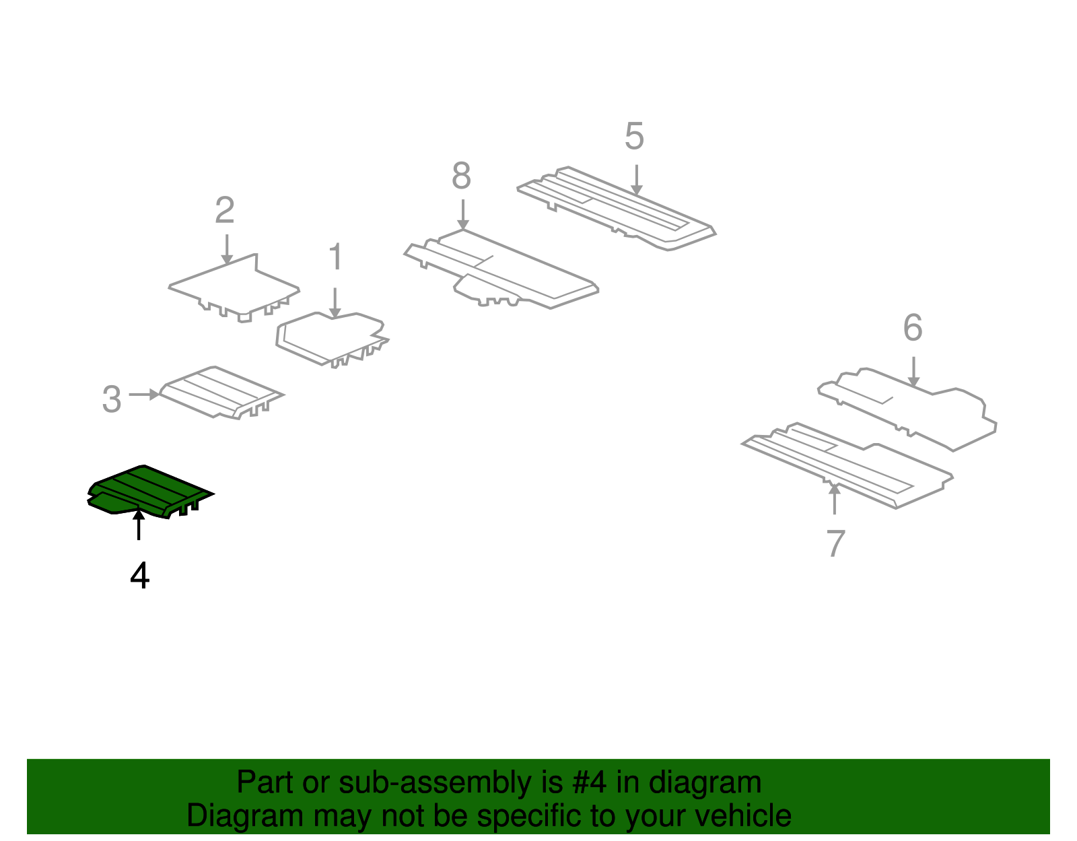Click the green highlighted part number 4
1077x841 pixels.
pos(149,492)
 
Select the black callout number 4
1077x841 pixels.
pos(140,576)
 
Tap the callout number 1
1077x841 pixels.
pos(335,257)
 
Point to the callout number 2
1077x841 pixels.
pos(225,209)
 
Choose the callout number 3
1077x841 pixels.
pos(112,399)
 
